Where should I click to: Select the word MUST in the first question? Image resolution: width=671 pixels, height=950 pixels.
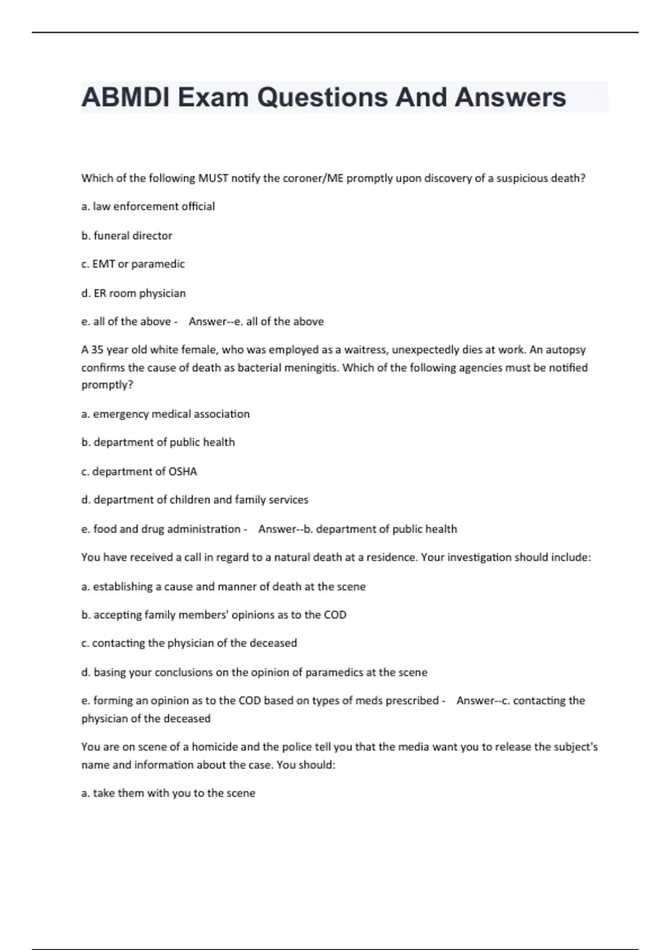(x=214, y=178)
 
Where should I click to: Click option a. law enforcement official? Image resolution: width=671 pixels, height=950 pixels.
(x=148, y=206)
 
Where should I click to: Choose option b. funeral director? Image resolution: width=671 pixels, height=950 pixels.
(x=127, y=236)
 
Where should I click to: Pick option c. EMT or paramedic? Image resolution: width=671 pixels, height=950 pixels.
(x=133, y=264)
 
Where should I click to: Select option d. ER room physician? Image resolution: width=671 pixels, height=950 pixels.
(x=134, y=293)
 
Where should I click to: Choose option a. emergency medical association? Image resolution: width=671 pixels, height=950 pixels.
(x=166, y=414)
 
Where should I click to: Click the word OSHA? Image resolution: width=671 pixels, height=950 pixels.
(x=183, y=472)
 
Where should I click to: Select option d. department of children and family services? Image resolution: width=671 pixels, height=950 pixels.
(x=195, y=500)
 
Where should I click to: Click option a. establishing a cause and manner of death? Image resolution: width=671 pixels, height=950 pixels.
(x=224, y=587)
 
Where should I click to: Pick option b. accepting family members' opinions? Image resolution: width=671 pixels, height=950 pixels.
(x=214, y=615)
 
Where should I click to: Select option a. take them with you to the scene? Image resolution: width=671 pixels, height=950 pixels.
(x=168, y=793)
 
